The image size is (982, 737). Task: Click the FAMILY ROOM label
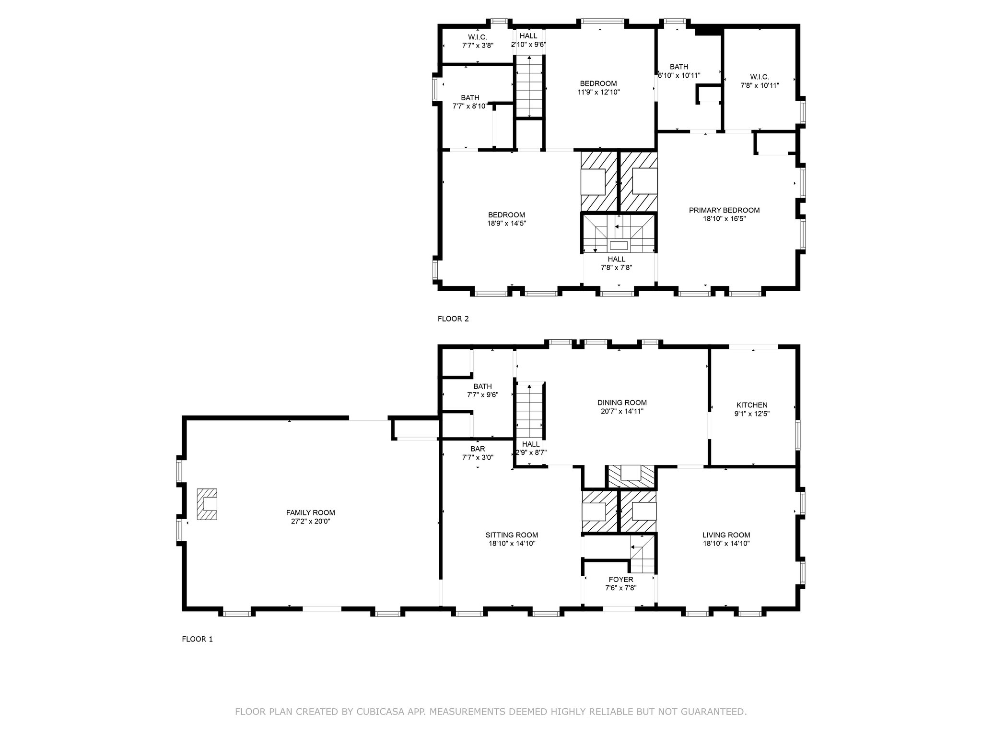pos(310,513)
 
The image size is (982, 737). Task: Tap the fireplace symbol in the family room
pos(207,504)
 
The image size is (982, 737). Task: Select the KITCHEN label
pos(752,405)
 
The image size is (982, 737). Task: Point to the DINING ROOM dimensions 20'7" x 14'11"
pos(622,411)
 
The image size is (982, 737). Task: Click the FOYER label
pos(621,580)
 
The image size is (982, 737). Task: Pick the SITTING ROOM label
pos(512,535)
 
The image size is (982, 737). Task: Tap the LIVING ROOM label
pos(726,535)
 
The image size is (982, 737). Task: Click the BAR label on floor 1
pos(478,449)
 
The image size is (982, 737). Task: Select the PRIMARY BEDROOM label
pos(724,210)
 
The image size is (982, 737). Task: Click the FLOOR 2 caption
pos(453,319)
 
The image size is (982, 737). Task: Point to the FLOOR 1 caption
pos(197,639)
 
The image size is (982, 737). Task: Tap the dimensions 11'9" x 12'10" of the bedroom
pos(598,92)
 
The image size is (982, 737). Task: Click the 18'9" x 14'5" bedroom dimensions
pos(506,223)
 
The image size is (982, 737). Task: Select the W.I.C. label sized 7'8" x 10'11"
pos(760,77)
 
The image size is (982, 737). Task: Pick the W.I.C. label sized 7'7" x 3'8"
pos(478,37)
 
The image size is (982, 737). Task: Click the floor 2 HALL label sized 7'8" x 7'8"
pos(616,259)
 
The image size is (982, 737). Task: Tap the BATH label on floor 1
pos(482,387)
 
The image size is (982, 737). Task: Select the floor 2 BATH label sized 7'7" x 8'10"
pos(470,98)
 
